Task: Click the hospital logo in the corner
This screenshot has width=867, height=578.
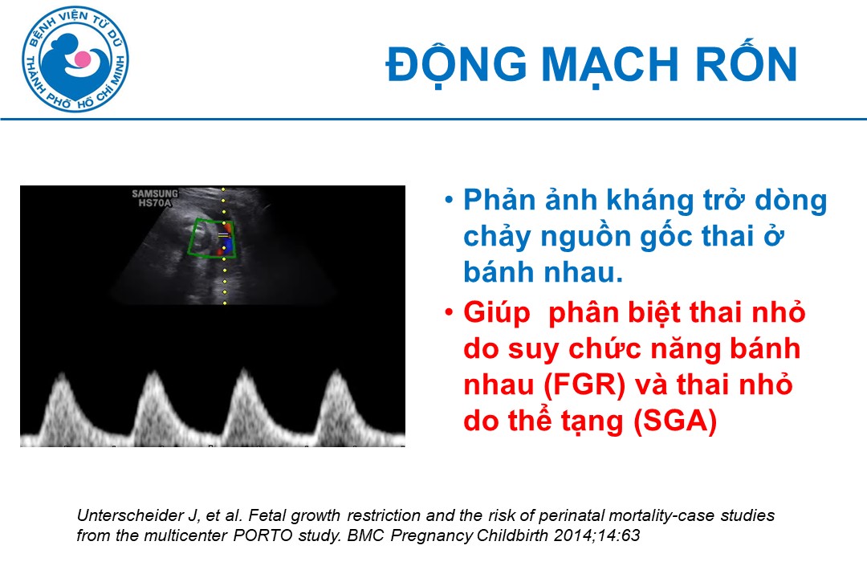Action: tap(75, 59)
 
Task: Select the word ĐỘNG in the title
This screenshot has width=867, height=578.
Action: tap(456, 63)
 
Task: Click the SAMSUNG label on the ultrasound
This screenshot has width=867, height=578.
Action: tap(155, 193)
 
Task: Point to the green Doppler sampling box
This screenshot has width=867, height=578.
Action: tap(213, 238)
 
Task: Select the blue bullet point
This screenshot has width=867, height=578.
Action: tap(449, 200)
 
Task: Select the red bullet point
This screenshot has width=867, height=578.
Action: tap(449, 312)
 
